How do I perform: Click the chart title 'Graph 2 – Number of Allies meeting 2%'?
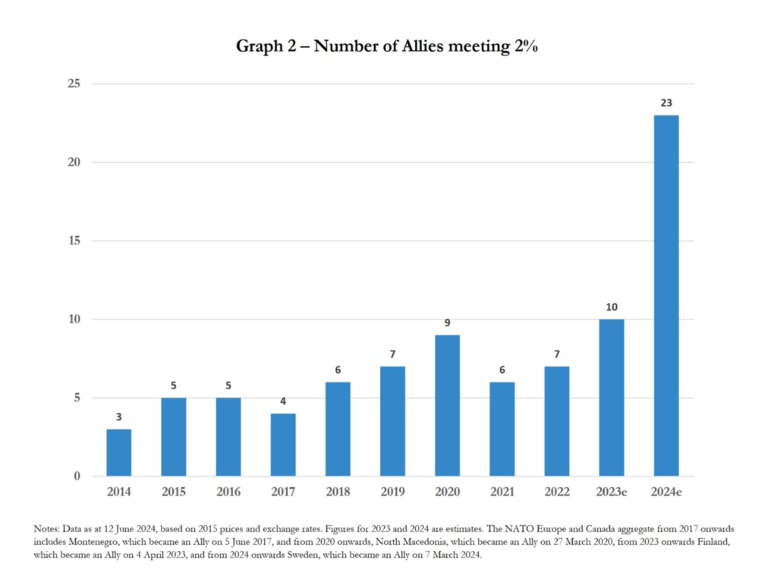pyautogui.click(x=387, y=46)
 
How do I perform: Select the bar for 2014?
pyautogui.click(x=118, y=452)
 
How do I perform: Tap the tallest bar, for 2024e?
pyautogui.click(x=665, y=296)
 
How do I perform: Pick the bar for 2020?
pyautogui.click(x=447, y=405)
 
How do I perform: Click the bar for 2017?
pyautogui.click(x=283, y=445)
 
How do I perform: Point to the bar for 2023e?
pyautogui.click(x=611, y=398)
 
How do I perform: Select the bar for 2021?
pyautogui.click(x=502, y=429)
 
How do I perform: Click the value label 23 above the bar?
pyautogui.click(x=665, y=102)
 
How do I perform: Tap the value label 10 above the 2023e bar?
pyautogui.click(x=611, y=307)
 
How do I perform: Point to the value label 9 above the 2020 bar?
pyautogui.click(x=447, y=323)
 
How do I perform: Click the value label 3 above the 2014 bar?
pyautogui.click(x=118, y=417)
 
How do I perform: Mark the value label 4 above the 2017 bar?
pyautogui.click(x=283, y=401)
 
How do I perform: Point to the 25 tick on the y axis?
pyautogui.click(x=75, y=83)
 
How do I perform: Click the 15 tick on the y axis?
pyautogui.click(x=75, y=241)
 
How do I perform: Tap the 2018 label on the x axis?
pyautogui.click(x=338, y=492)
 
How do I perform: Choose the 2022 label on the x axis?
pyautogui.click(x=556, y=492)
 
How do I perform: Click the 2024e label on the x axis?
pyautogui.click(x=665, y=492)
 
